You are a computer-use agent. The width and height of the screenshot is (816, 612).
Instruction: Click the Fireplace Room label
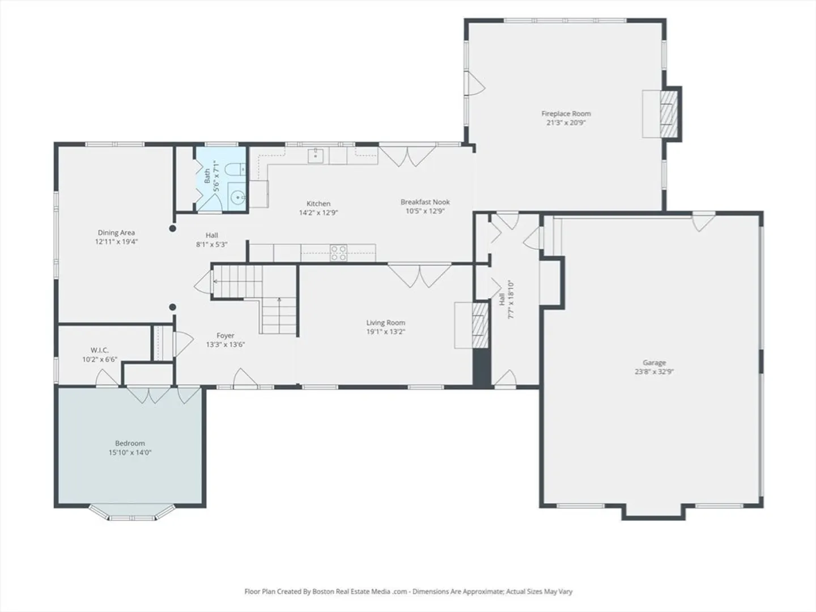point(566,114)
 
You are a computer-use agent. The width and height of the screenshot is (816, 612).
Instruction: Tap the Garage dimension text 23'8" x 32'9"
point(654,371)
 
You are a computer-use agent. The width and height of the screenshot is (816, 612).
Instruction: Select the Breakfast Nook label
point(426,202)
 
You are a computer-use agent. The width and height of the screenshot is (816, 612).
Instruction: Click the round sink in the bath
point(237,197)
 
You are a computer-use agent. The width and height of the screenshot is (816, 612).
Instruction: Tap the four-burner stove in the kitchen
point(339,253)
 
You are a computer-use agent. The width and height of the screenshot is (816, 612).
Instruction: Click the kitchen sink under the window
point(315,156)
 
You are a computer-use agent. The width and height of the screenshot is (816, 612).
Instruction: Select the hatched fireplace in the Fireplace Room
point(669,114)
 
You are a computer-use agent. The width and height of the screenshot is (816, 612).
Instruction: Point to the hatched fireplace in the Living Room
point(480,325)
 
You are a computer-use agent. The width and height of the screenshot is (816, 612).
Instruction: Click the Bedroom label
point(130,443)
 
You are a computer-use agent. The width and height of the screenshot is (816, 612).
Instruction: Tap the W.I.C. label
point(100,350)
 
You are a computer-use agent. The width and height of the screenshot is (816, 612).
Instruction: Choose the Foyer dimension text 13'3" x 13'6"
point(226,345)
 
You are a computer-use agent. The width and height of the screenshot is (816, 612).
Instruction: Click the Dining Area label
point(116,232)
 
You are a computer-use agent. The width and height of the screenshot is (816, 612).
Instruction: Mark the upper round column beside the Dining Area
point(172,228)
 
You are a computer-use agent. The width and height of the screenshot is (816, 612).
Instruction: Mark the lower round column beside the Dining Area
point(172,307)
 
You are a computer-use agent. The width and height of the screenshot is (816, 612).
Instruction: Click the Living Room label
point(385,322)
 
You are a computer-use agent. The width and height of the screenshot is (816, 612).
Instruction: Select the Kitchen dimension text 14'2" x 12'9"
point(318,212)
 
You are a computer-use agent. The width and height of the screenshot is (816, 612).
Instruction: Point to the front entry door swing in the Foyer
point(245,377)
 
